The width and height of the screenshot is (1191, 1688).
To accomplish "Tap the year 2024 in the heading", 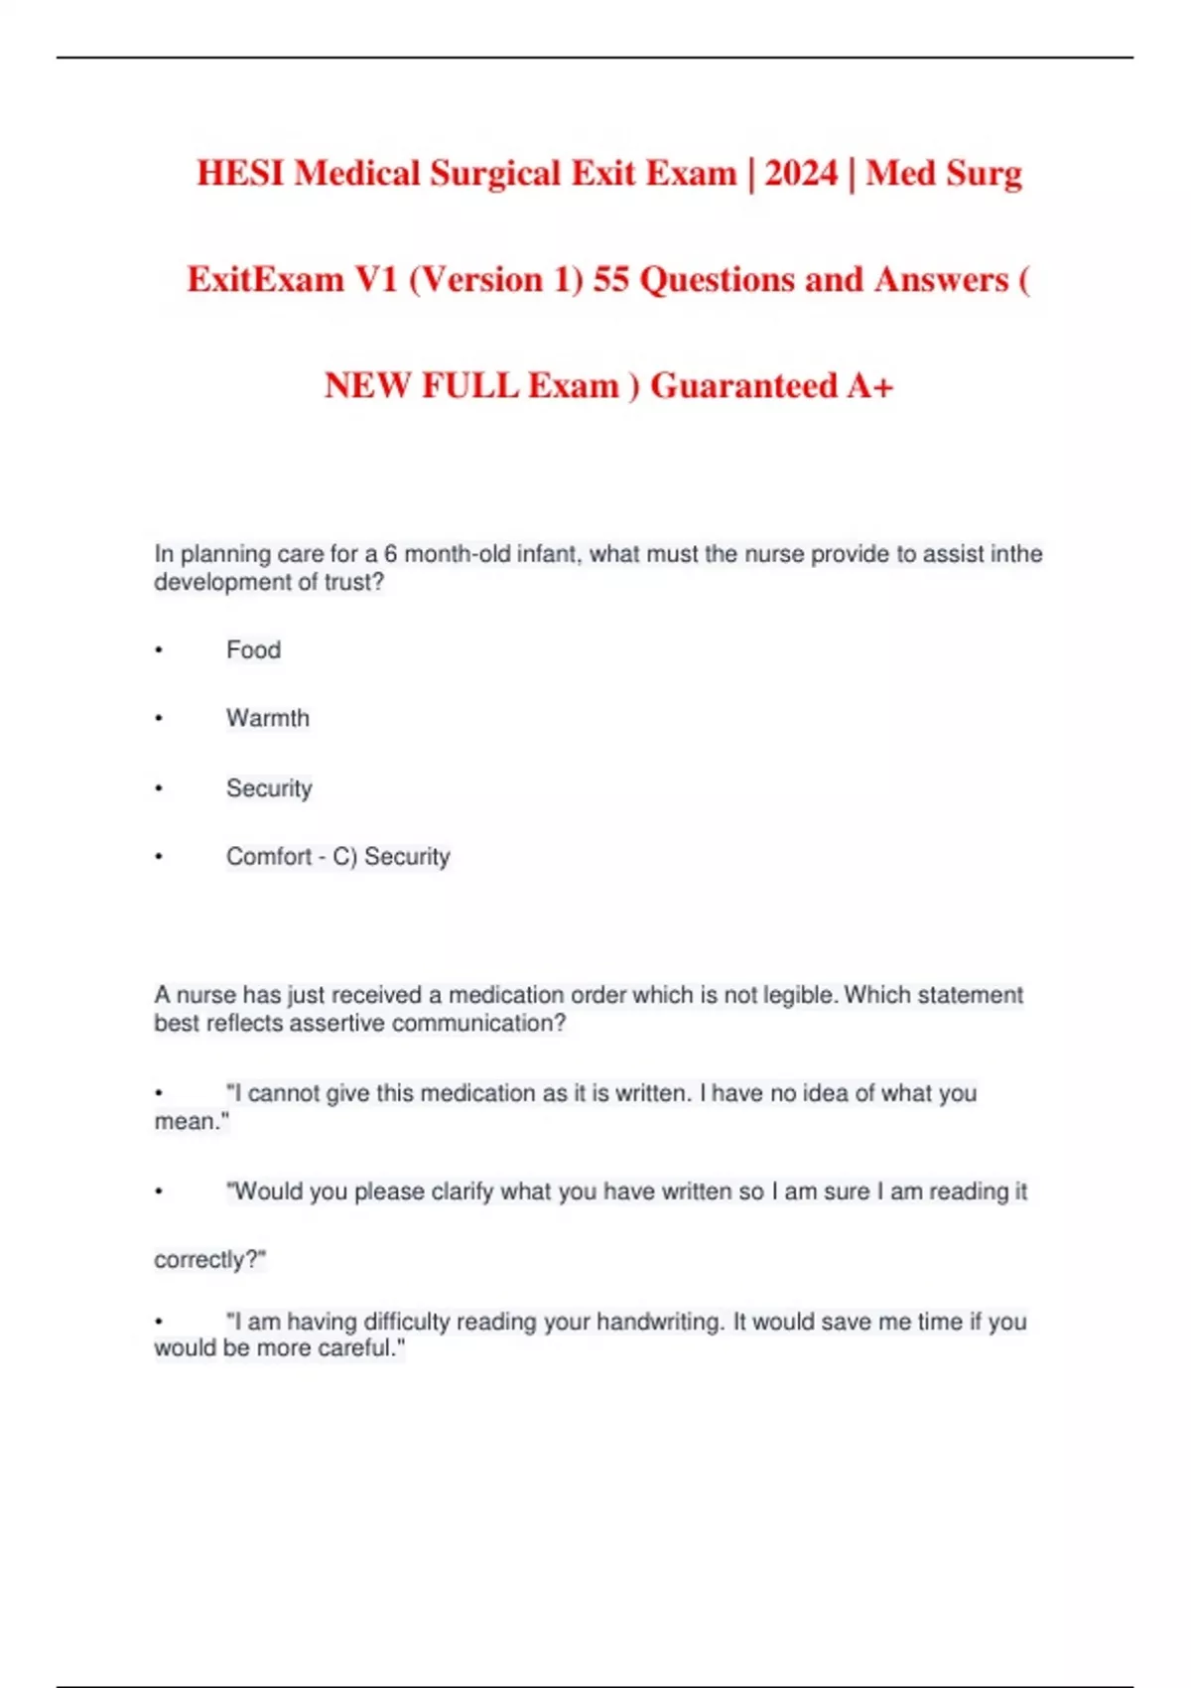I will point(801,174).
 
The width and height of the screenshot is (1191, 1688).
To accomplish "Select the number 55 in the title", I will point(611,280).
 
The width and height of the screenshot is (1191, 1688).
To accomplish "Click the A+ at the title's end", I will point(869,385).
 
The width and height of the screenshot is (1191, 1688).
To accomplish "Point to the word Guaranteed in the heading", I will point(743,385).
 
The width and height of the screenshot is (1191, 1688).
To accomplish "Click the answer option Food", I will point(253,650).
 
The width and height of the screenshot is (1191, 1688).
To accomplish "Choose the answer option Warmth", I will point(267,718).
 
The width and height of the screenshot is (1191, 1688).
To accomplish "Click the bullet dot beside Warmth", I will point(159,719).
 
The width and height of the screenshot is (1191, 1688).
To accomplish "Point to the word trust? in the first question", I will point(353,582).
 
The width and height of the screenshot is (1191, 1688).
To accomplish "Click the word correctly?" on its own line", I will point(209,1260).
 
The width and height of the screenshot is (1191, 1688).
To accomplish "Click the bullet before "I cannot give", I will point(159,1094).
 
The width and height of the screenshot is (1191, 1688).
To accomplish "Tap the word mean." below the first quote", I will point(192,1122).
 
